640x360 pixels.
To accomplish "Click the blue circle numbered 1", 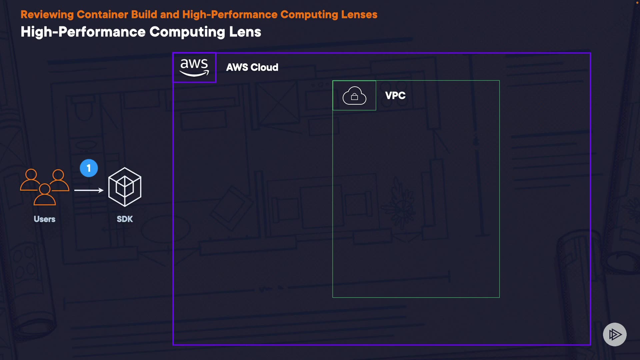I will (x=89, y=168).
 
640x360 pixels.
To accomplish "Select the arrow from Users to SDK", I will (x=89, y=190).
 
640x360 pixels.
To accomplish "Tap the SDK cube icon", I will (x=125, y=187).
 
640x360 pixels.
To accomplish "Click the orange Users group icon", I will (x=45, y=187).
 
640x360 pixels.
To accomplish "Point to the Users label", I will (x=44, y=219).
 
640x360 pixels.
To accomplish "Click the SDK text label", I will (x=125, y=219).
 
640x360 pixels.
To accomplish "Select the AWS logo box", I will (x=194, y=67).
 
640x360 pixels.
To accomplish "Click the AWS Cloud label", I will (x=252, y=67).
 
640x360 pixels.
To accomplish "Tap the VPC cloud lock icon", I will (x=354, y=96).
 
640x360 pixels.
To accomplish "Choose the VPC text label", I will (x=395, y=96).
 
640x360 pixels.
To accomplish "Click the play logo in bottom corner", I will (x=615, y=334).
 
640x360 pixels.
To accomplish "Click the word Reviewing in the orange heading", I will (x=47, y=15).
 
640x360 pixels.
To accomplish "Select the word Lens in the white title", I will (x=245, y=32).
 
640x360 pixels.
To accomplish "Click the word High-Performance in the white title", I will (x=83, y=32).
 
